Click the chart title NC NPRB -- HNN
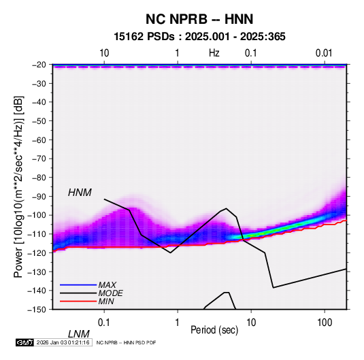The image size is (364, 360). point(199,19)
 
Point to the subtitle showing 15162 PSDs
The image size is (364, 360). point(199,37)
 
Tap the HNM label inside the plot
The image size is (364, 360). point(80,193)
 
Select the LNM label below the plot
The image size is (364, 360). point(79,334)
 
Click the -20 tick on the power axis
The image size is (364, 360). point(39,65)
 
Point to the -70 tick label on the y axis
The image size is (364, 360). point(39,159)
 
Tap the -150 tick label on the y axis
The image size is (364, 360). point(37,310)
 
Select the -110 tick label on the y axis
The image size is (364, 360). point(37,234)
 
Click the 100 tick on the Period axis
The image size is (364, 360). point(325,323)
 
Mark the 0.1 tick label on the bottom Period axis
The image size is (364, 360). point(104,323)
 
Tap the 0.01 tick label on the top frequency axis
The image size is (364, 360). point(324,53)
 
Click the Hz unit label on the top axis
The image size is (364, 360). point(214,53)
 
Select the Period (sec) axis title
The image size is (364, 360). point(214,330)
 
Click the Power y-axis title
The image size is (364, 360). point(18,186)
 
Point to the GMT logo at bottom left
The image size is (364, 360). point(25,342)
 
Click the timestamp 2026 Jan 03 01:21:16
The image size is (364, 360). point(63,342)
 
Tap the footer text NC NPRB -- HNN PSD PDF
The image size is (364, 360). point(126,342)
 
